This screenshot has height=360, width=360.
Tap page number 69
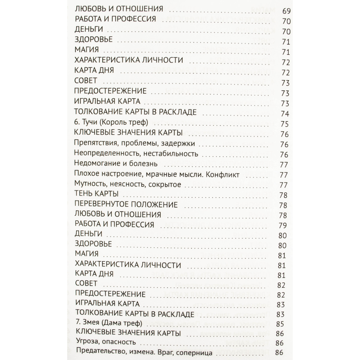[286, 12]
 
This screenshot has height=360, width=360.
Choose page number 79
[283, 226]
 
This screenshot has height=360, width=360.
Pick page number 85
[280, 324]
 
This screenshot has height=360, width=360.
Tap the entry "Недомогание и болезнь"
[115, 164]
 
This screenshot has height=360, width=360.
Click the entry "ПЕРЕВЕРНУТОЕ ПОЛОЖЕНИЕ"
[126, 205]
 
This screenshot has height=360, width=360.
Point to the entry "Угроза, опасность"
[106, 342]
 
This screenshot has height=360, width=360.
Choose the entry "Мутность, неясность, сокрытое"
[127, 184]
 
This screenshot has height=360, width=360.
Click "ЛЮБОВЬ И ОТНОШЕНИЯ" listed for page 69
[118, 8]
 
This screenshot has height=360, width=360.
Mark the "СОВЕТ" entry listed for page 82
[86, 283]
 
